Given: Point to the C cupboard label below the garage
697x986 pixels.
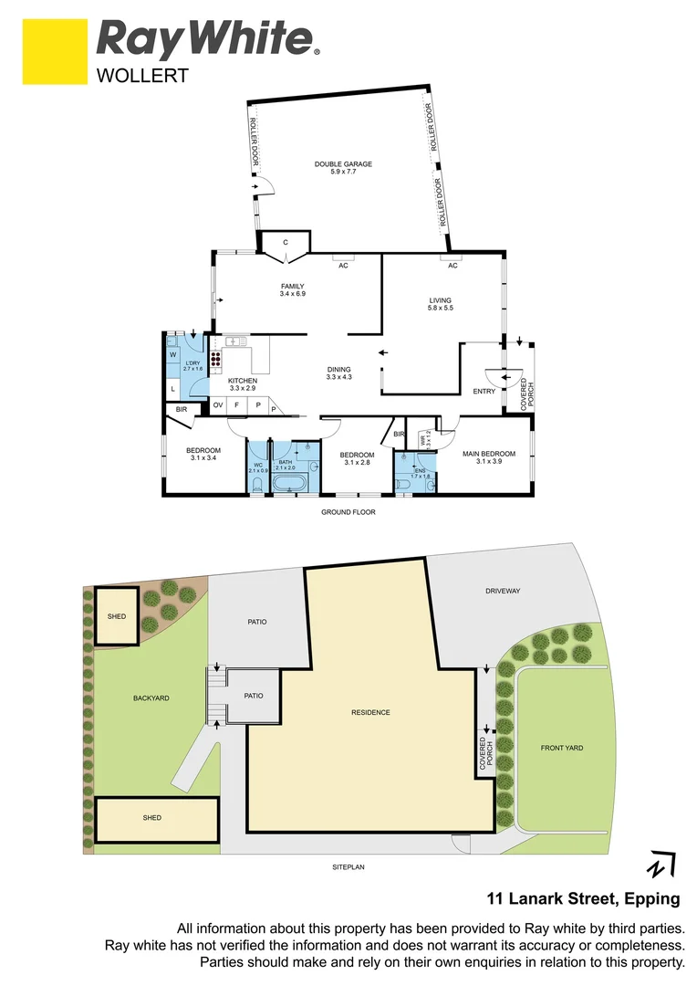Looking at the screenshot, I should point(286,242).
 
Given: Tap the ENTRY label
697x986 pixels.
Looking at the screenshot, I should point(484,392).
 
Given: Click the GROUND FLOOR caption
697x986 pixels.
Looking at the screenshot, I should point(348,512).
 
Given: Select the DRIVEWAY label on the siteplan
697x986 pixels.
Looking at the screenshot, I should point(503,592).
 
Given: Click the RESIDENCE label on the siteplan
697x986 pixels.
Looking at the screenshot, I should point(371,712).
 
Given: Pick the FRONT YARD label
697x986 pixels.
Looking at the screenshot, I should point(561,748).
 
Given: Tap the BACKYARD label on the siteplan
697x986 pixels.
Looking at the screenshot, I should point(151,698).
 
